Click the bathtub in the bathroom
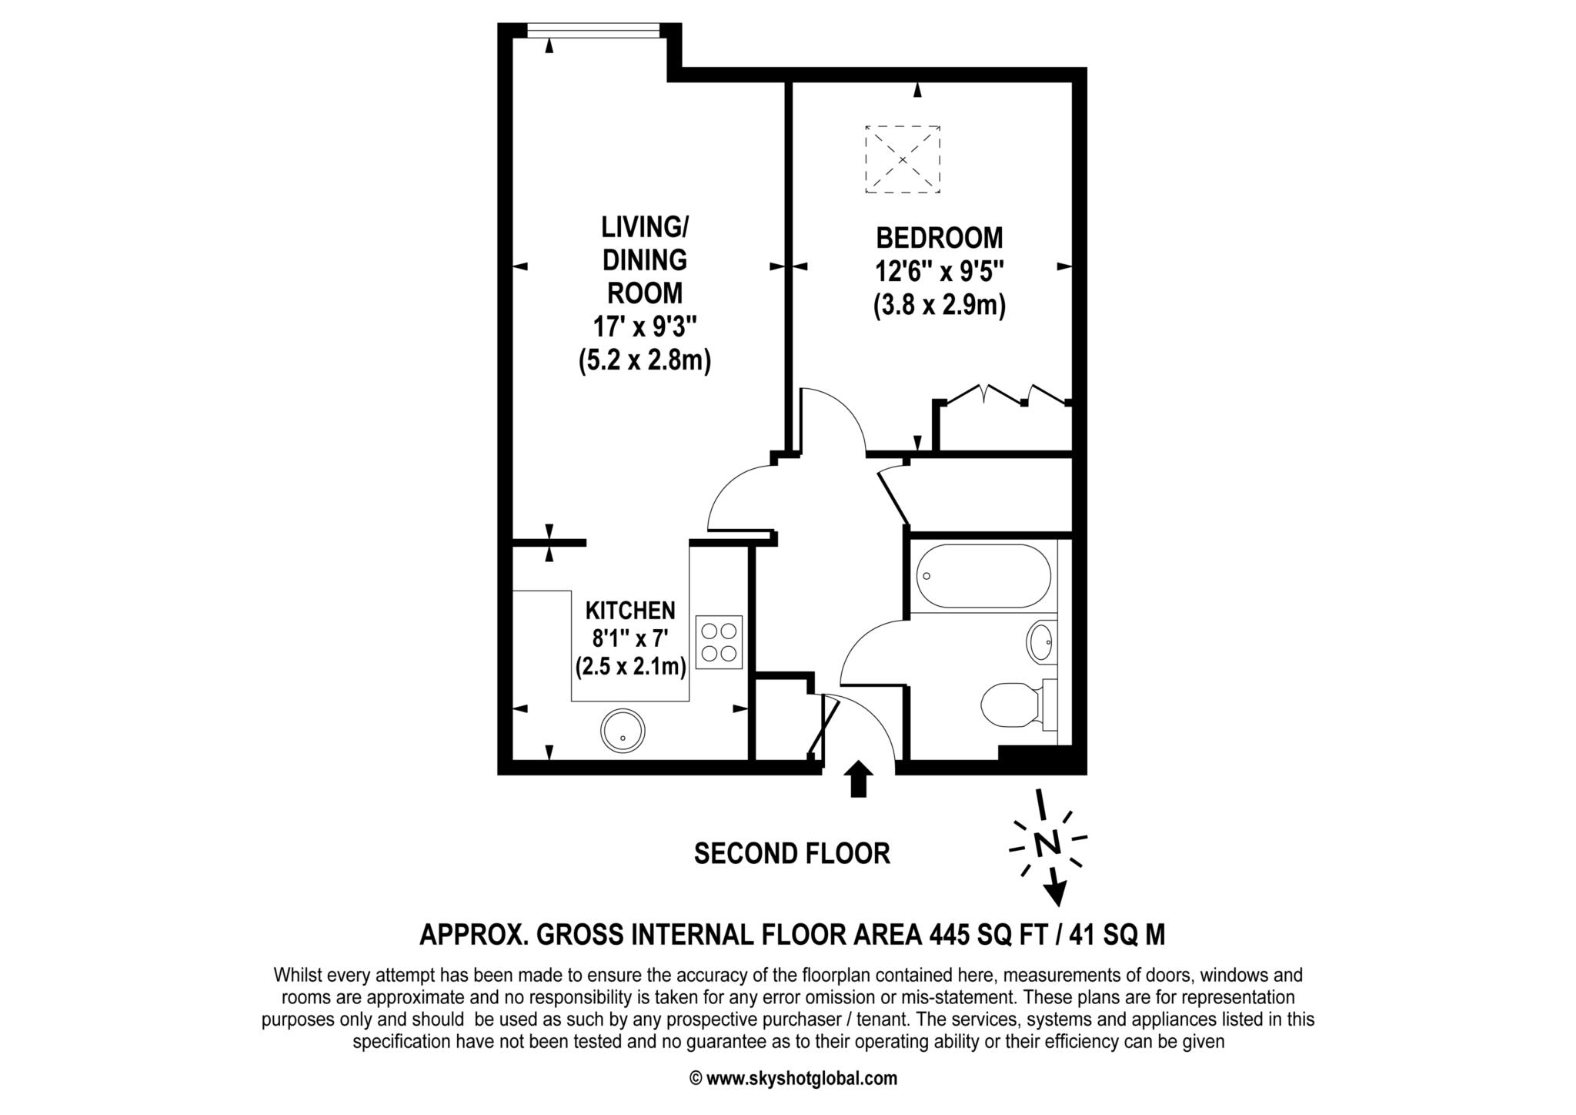coord(983,577)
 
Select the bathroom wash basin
coord(1040,641)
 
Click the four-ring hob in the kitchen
coord(719,641)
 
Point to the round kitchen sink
coord(622,731)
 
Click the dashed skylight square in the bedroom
coord(903,159)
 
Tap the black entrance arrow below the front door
coord(859,778)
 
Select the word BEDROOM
coord(940,238)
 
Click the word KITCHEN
coord(630,611)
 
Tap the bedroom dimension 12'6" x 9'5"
coord(940,272)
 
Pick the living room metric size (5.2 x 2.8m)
coord(644,360)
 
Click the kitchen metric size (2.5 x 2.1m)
coord(630,666)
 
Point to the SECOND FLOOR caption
coord(792,853)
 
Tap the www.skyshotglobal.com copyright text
coord(801,1079)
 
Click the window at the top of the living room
coord(593,31)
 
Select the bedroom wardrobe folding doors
coord(1004,394)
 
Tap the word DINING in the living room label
coord(644,260)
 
